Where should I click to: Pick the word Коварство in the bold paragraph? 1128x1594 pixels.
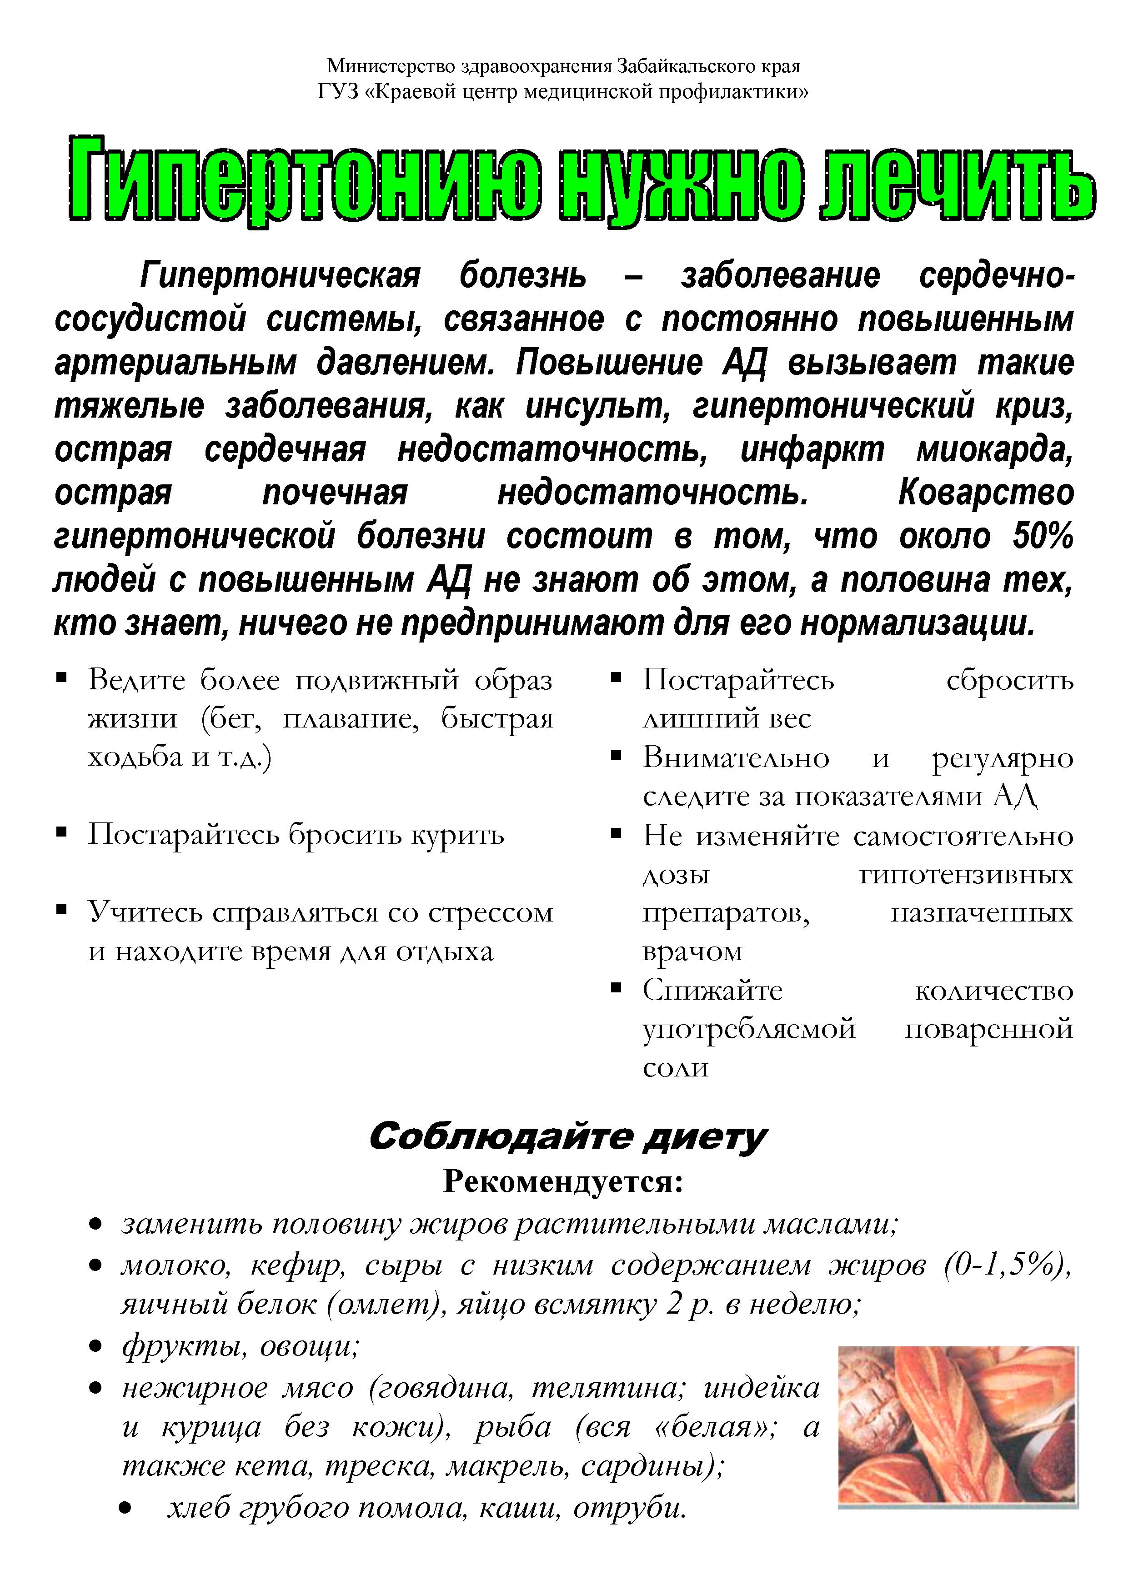click(x=986, y=493)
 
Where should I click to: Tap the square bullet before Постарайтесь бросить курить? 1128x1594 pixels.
click(x=62, y=832)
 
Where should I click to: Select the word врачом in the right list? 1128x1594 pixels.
click(x=692, y=951)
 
